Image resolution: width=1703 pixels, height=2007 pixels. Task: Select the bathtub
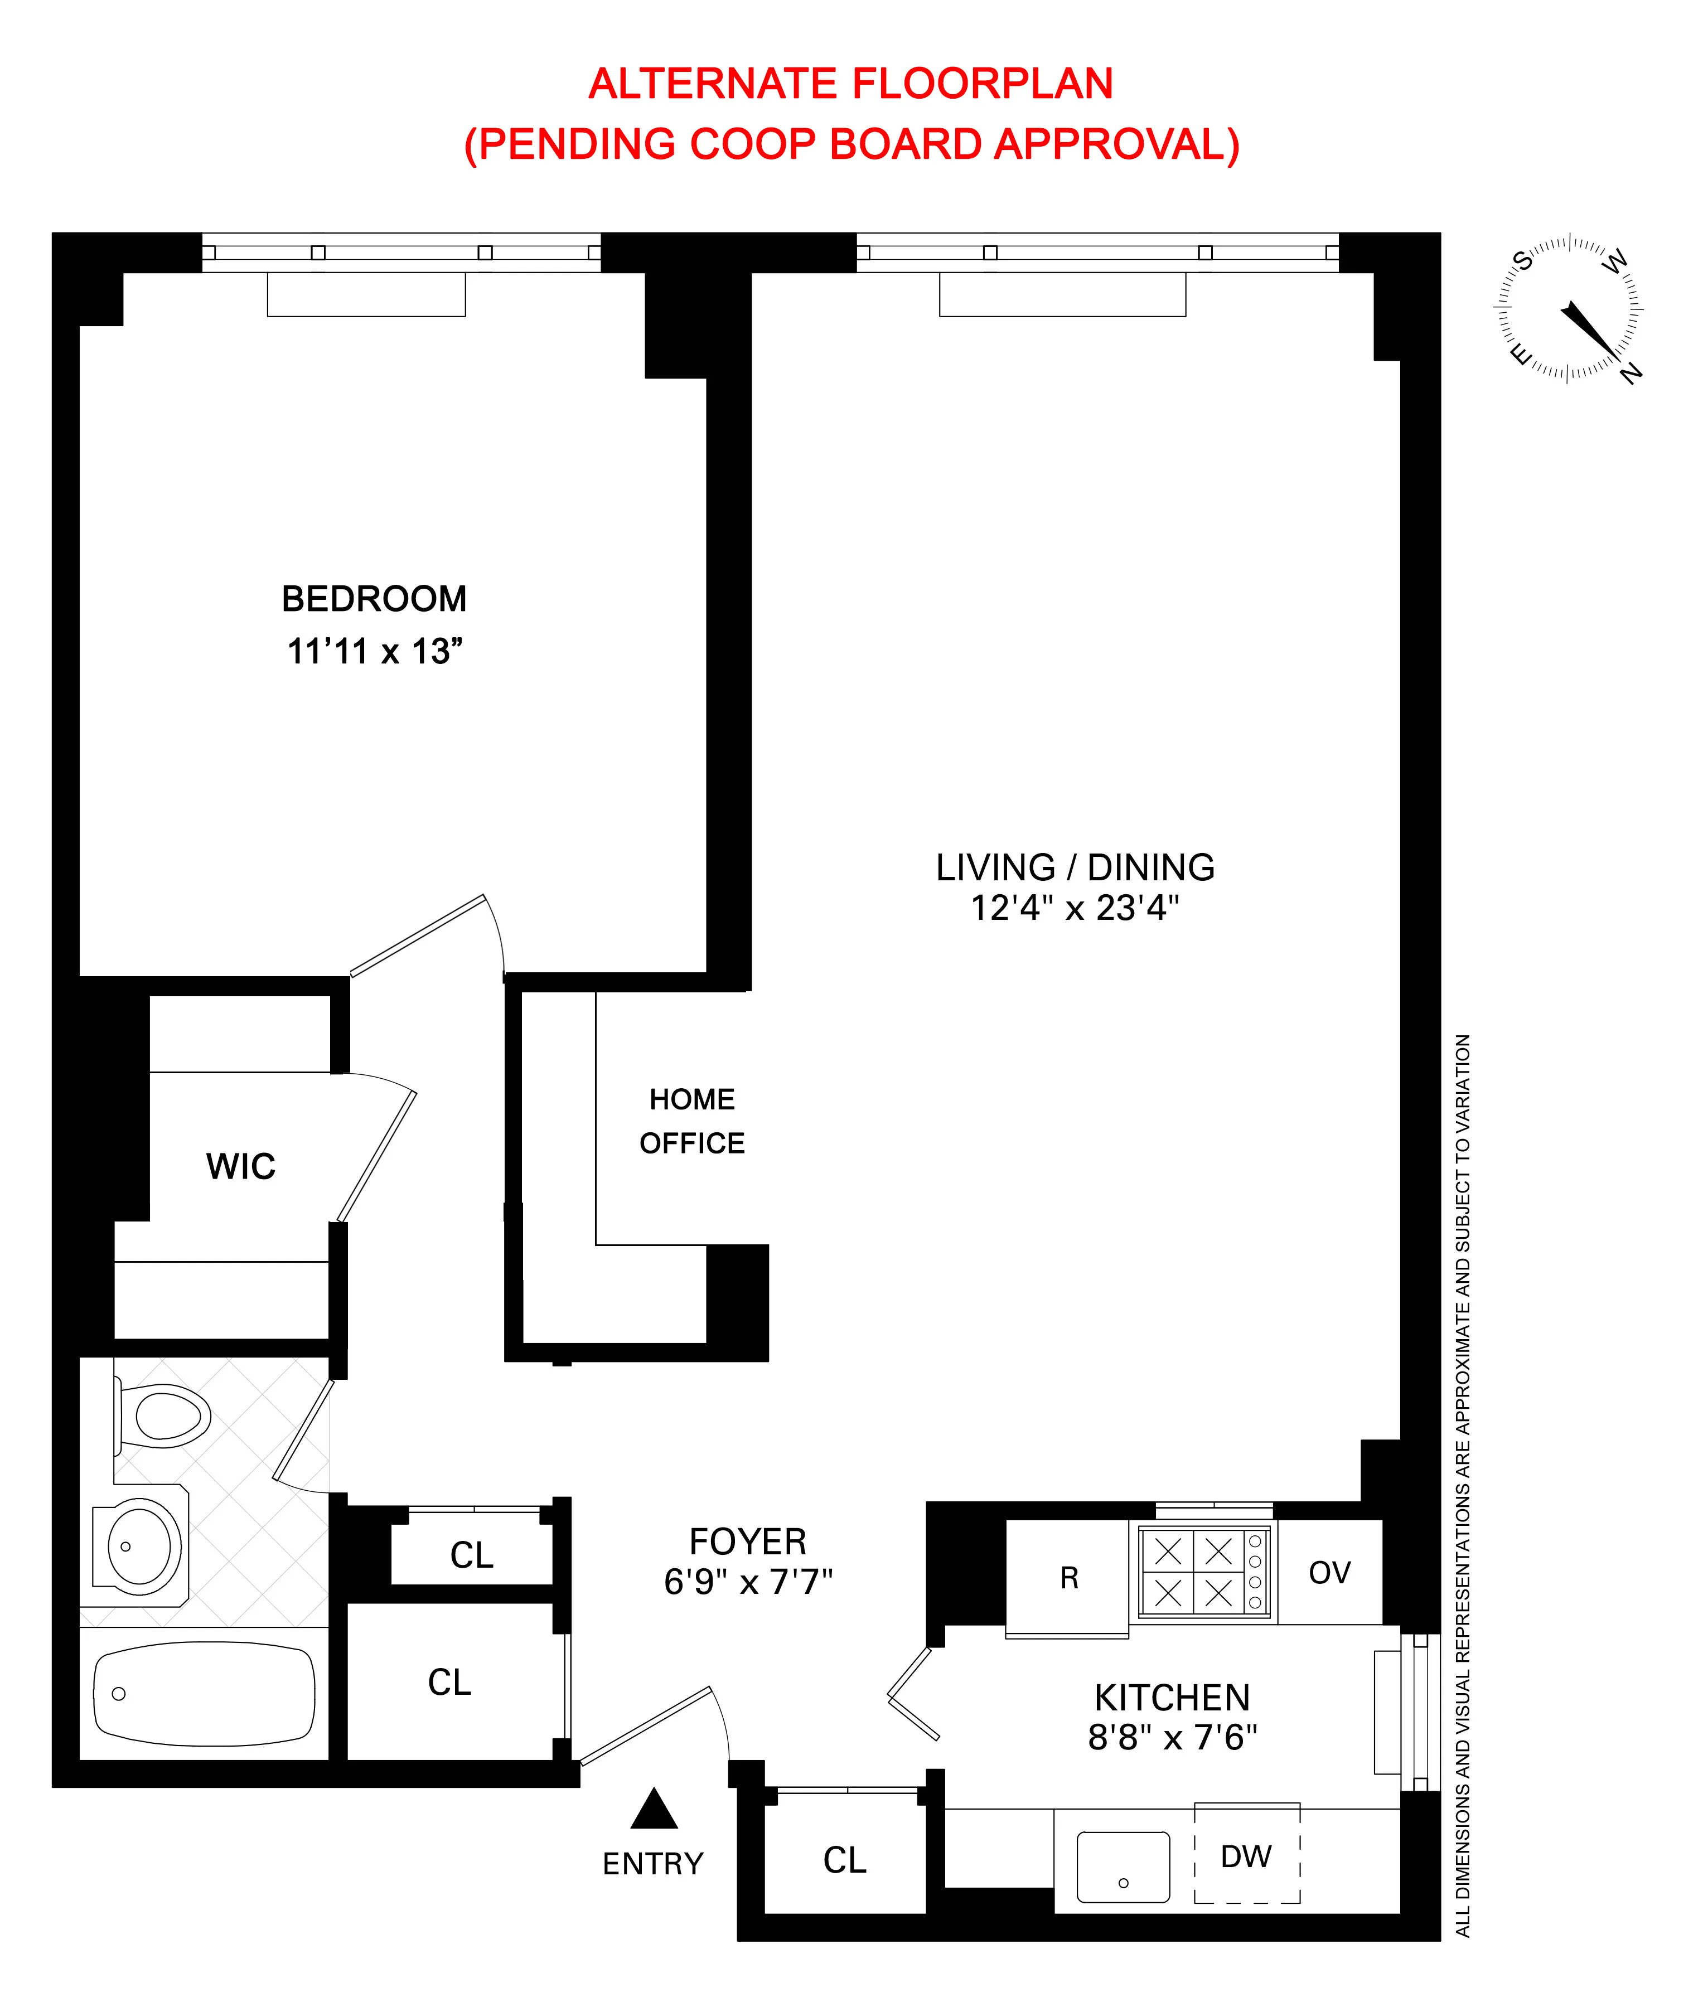(x=203, y=1695)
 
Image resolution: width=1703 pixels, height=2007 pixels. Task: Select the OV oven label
(x=1329, y=1573)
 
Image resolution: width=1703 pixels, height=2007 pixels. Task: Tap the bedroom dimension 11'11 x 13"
(x=375, y=652)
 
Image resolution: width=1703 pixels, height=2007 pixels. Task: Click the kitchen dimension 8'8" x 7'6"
(x=1172, y=1738)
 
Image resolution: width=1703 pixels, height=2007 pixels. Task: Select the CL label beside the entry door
(x=845, y=1860)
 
